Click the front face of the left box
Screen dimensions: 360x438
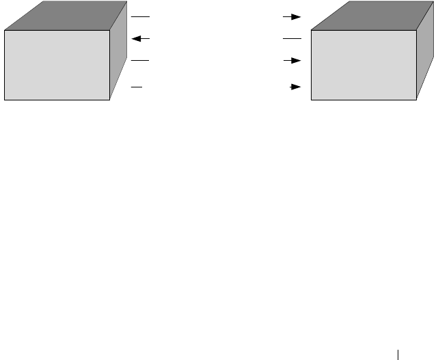[57, 65]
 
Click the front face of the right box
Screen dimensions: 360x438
[364, 65]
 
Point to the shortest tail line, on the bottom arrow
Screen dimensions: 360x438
[137, 87]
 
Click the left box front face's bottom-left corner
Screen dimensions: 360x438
[4, 100]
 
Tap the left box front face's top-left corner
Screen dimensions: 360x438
[4, 30]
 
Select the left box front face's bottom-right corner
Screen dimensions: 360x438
[110, 100]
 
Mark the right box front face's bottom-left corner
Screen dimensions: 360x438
[311, 100]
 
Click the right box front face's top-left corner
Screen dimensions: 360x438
[311, 30]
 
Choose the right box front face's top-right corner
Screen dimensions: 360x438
[417, 30]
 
